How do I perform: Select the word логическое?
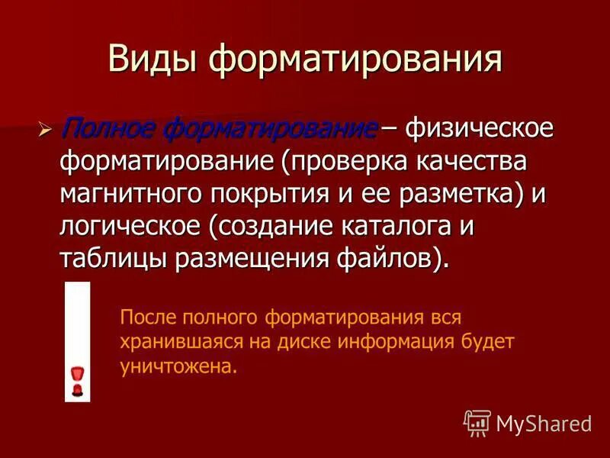pyautogui.click(x=133, y=226)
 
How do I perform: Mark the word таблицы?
pyautogui.click(x=114, y=258)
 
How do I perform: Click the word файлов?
pyautogui.click(x=388, y=258)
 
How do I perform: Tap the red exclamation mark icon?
pyautogui.click(x=77, y=380)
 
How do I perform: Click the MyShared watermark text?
pyautogui.click(x=543, y=421)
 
